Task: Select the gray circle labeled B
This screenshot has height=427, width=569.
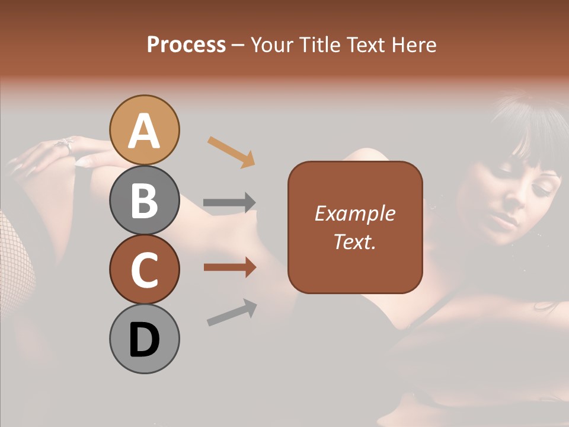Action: pyautogui.click(x=145, y=200)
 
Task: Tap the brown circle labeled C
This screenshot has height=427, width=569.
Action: pyautogui.click(x=145, y=270)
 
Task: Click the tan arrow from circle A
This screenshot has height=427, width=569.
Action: pyautogui.click(x=231, y=151)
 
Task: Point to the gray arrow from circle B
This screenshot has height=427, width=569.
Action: pyautogui.click(x=229, y=203)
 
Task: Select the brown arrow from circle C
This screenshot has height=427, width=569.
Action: pyautogui.click(x=229, y=267)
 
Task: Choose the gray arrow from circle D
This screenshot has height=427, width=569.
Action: pyautogui.click(x=232, y=313)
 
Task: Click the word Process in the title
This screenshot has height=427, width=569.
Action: pyautogui.click(x=186, y=44)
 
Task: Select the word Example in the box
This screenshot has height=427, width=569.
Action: pyautogui.click(x=355, y=213)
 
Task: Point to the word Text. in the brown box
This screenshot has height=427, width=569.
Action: pyautogui.click(x=355, y=241)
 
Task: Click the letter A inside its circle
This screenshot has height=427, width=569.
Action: pyautogui.click(x=145, y=132)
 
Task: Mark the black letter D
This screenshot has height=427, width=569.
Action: pyautogui.click(x=145, y=340)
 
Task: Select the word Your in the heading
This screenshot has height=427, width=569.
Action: pyautogui.click(x=270, y=44)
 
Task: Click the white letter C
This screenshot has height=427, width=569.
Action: pyautogui.click(x=145, y=270)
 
